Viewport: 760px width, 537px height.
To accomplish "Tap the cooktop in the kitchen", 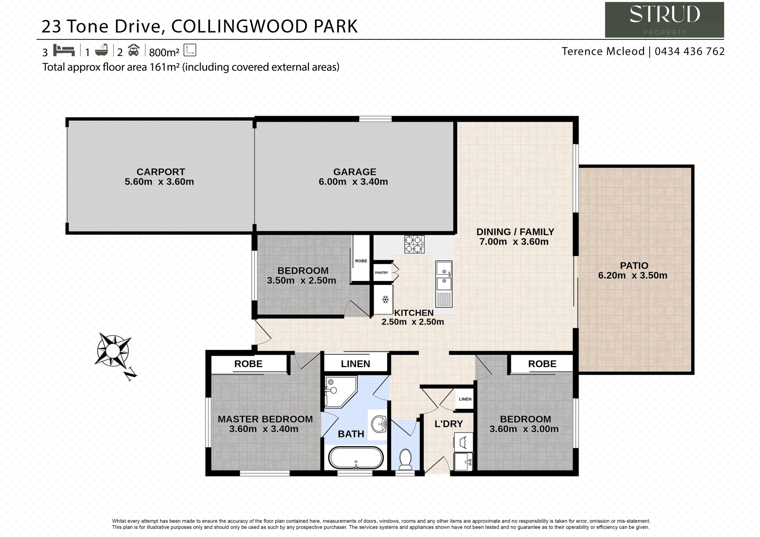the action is pyautogui.click(x=414, y=244).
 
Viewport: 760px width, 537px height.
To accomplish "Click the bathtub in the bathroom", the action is pyautogui.click(x=356, y=458).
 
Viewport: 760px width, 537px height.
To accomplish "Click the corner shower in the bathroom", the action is pyautogui.click(x=339, y=391).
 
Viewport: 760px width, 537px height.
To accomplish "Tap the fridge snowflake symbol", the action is pyautogui.click(x=385, y=299).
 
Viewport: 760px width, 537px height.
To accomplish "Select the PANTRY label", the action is pyautogui.click(x=381, y=273).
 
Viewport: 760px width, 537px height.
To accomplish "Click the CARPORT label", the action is pyautogui.click(x=161, y=172).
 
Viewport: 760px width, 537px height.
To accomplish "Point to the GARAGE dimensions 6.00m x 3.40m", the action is pyautogui.click(x=353, y=182).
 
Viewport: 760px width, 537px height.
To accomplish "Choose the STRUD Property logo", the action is pyautogui.click(x=664, y=20).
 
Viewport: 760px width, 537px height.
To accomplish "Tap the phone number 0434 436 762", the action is pyautogui.click(x=690, y=51).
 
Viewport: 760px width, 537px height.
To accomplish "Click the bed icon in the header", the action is pyautogui.click(x=64, y=50).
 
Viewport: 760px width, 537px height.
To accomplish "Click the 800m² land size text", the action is pyautogui.click(x=164, y=52).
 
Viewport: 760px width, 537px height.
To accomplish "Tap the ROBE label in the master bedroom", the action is pyautogui.click(x=248, y=364).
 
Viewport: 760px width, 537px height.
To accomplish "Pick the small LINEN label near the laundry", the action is pyautogui.click(x=465, y=399).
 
